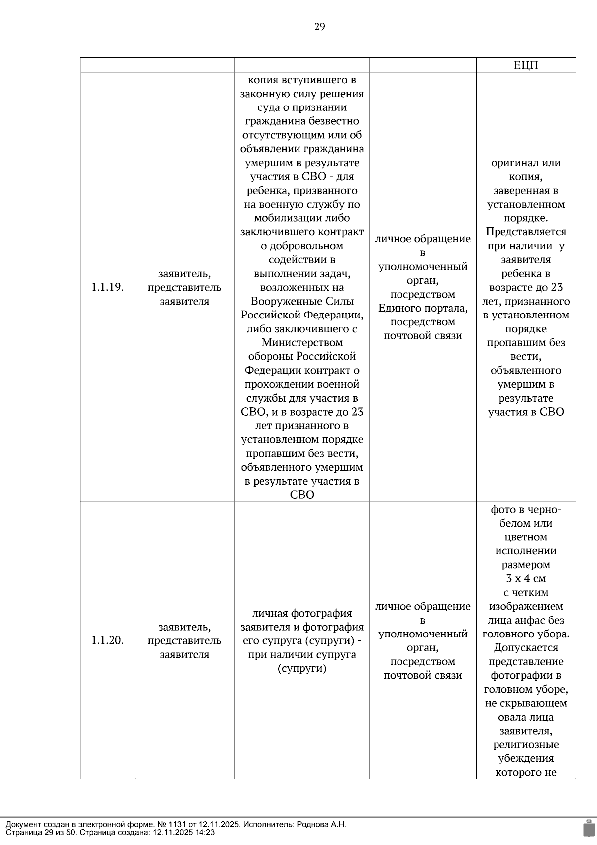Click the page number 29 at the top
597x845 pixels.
[x=319, y=27]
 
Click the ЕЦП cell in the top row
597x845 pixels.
[x=526, y=65]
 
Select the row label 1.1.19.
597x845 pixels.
[x=107, y=287]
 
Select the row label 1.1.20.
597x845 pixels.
[x=107, y=640]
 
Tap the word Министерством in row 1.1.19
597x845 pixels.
[x=302, y=342]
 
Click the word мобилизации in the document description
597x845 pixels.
[x=302, y=218]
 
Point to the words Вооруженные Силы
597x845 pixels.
[x=302, y=301]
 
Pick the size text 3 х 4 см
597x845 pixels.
[x=526, y=578]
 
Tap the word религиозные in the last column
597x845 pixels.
[x=526, y=745]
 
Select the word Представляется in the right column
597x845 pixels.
[x=526, y=232]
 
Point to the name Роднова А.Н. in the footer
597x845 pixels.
[x=321, y=824]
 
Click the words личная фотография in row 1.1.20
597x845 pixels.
[x=302, y=613]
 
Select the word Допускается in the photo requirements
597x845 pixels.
[x=526, y=648]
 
